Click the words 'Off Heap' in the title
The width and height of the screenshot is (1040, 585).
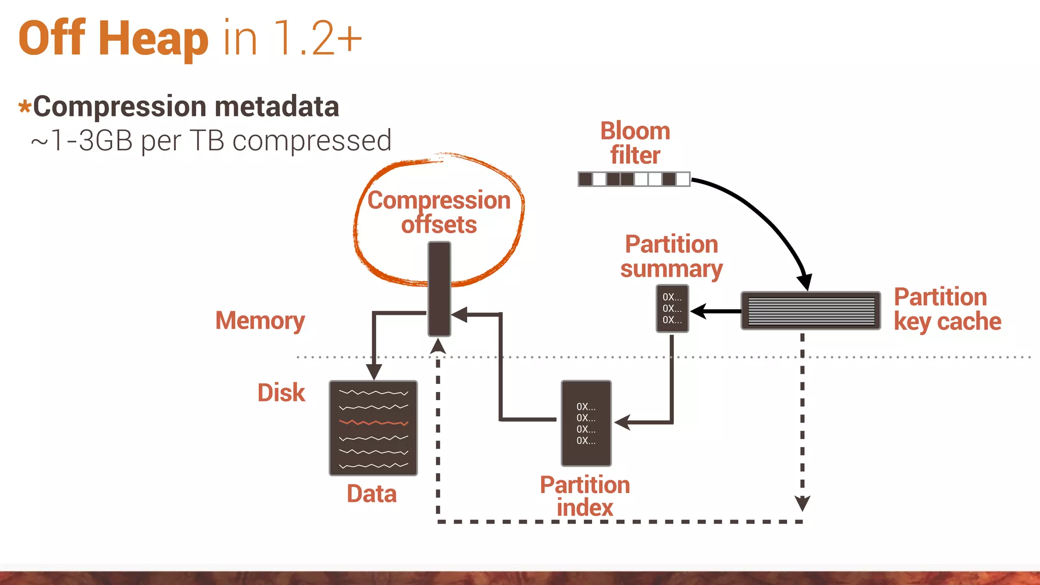pyautogui.click(x=113, y=39)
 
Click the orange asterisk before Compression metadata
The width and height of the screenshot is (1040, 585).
pyautogui.click(x=24, y=108)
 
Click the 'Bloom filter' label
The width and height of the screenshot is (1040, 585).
pyautogui.click(x=635, y=143)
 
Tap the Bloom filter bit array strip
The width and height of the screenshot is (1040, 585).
pyautogui.click(x=634, y=179)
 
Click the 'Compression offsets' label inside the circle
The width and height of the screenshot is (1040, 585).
pyautogui.click(x=439, y=212)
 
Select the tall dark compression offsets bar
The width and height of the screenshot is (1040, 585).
pyautogui.click(x=439, y=288)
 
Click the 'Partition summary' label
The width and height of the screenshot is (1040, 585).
pyautogui.click(x=671, y=256)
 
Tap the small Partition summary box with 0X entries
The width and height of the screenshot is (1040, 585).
pyautogui.click(x=672, y=309)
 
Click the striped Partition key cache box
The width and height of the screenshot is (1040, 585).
pyautogui.click(x=810, y=311)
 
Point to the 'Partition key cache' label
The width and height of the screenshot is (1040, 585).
pyautogui.click(x=947, y=309)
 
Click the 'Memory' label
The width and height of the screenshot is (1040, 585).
pyautogui.click(x=260, y=320)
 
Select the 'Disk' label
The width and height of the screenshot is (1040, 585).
pyautogui.click(x=281, y=393)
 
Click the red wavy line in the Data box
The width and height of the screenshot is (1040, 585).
pyautogui.click(x=373, y=422)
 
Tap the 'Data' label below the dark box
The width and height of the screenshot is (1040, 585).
pyautogui.click(x=372, y=494)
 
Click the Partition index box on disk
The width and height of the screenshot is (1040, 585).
pyautogui.click(x=586, y=423)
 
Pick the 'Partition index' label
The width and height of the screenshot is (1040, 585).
pyautogui.click(x=584, y=496)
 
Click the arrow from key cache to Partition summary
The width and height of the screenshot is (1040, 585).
pyautogui.click(x=716, y=311)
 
